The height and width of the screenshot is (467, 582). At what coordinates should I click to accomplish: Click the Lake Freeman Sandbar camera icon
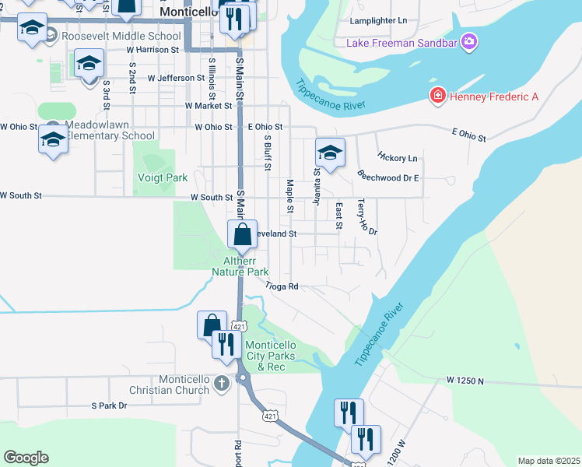468,40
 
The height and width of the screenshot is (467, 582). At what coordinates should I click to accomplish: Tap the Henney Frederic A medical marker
438,96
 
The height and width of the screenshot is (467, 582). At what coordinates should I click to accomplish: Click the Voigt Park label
162,177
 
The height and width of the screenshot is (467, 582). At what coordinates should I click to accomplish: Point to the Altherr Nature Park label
240,266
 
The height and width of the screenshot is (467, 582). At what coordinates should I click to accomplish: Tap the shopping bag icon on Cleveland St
243,233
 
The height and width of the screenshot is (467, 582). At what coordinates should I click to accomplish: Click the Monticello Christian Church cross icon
222,383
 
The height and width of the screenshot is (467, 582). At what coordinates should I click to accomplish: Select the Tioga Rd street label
282,286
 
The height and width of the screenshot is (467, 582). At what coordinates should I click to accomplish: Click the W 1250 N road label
465,381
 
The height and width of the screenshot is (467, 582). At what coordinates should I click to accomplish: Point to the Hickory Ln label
398,158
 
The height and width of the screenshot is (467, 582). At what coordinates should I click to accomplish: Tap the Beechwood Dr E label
389,177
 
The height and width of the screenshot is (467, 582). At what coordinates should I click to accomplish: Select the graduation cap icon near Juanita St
330,153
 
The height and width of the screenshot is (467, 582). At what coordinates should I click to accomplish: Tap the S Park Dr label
109,406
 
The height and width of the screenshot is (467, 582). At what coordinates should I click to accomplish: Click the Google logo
26,458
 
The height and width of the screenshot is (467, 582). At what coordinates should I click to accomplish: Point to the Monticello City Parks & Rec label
270,356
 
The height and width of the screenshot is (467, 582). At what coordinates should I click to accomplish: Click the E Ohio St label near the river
468,135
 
